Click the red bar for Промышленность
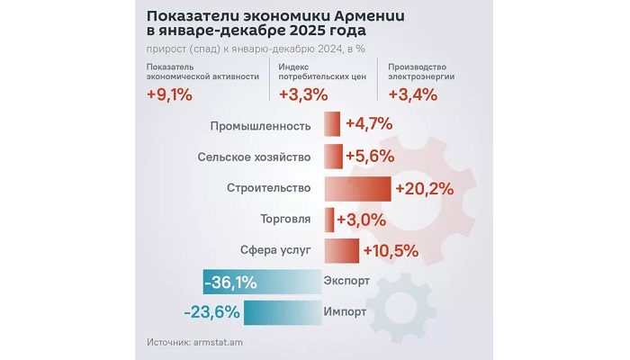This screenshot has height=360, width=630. coord(331,126)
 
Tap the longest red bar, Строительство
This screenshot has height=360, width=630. coord(356,188)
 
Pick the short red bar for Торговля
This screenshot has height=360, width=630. coord(328,220)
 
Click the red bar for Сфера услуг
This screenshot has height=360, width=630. coord(341,250)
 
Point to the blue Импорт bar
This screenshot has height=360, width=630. coord(280,312)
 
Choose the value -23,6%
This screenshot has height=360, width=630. coord(210,312)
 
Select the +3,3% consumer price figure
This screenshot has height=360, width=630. coord(301,94)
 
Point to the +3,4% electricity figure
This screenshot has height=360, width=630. coord(411,94)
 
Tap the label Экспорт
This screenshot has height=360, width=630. coord(346,282)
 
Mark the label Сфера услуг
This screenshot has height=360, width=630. coord(275,250)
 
